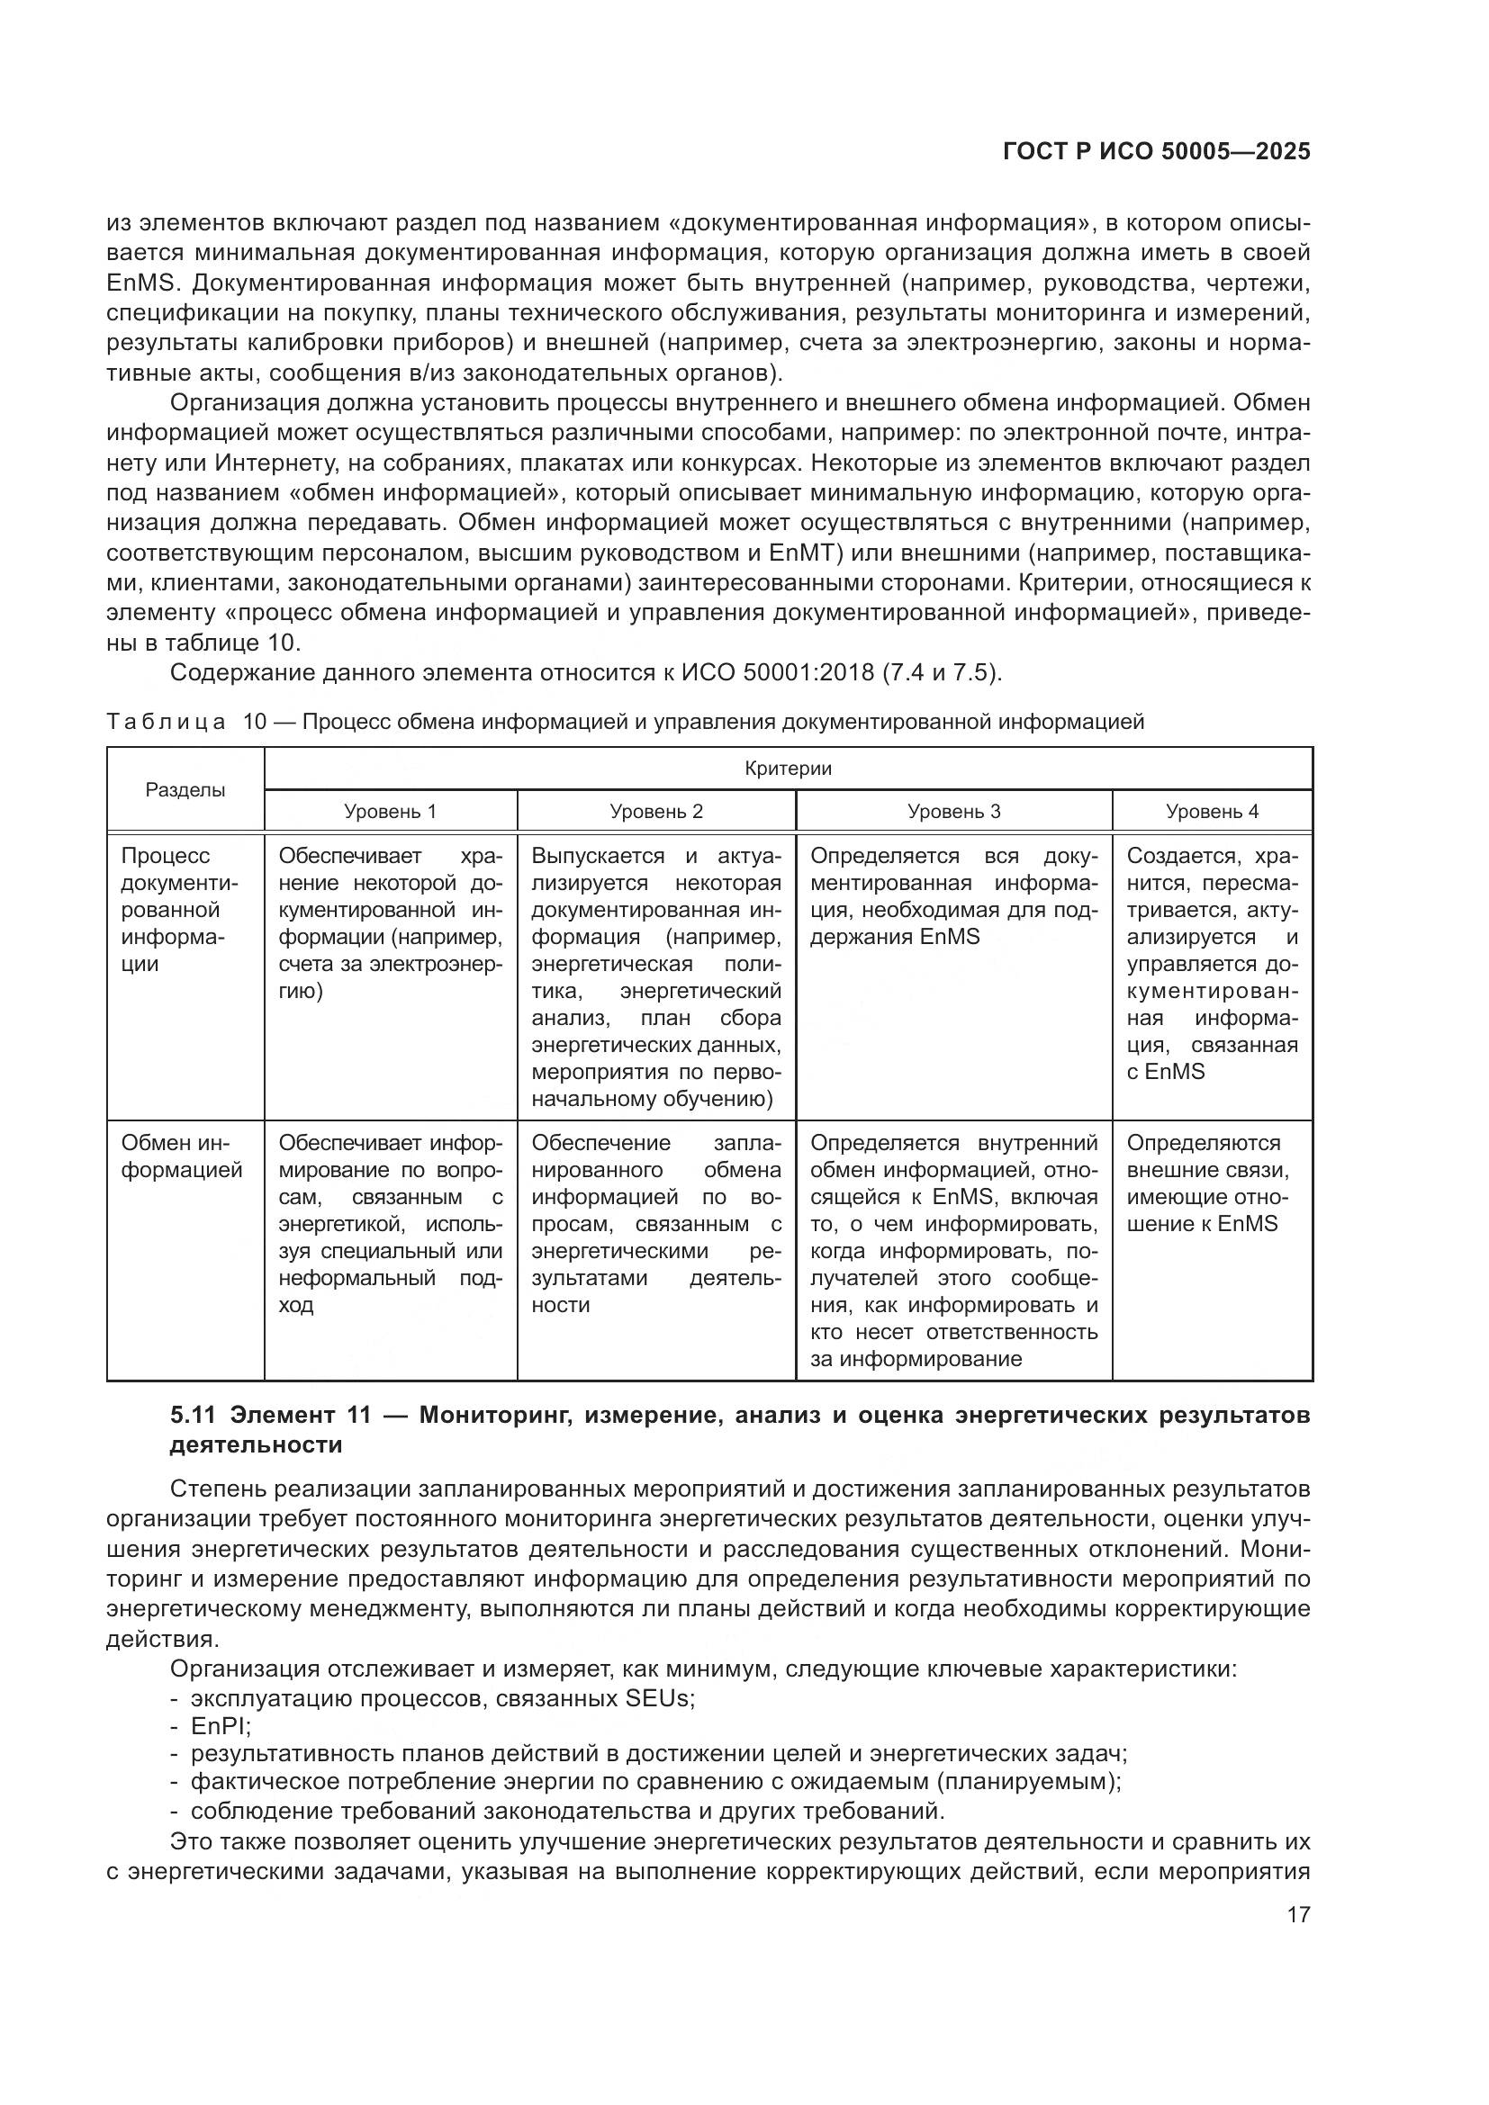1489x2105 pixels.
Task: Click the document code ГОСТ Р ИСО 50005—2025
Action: point(1156,152)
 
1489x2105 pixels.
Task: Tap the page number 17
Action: point(1298,1914)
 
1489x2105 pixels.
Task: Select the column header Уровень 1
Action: point(391,812)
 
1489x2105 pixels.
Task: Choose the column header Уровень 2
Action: point(656,812)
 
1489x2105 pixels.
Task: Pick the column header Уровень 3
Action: point(953,812)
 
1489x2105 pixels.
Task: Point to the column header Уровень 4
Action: point(1212,812)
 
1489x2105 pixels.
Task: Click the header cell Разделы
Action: point(185,790)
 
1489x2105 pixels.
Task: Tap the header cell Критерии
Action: point(788,769)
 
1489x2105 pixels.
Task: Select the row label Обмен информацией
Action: point(182,1157)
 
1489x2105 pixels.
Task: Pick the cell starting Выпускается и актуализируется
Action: point(656,976)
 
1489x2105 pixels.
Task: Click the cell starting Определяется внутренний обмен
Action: point(953,1251)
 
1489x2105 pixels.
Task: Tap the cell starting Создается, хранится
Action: point(1212,963)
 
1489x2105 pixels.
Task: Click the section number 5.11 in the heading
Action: point(193,1416)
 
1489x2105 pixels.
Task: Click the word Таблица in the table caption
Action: point(165,722)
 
